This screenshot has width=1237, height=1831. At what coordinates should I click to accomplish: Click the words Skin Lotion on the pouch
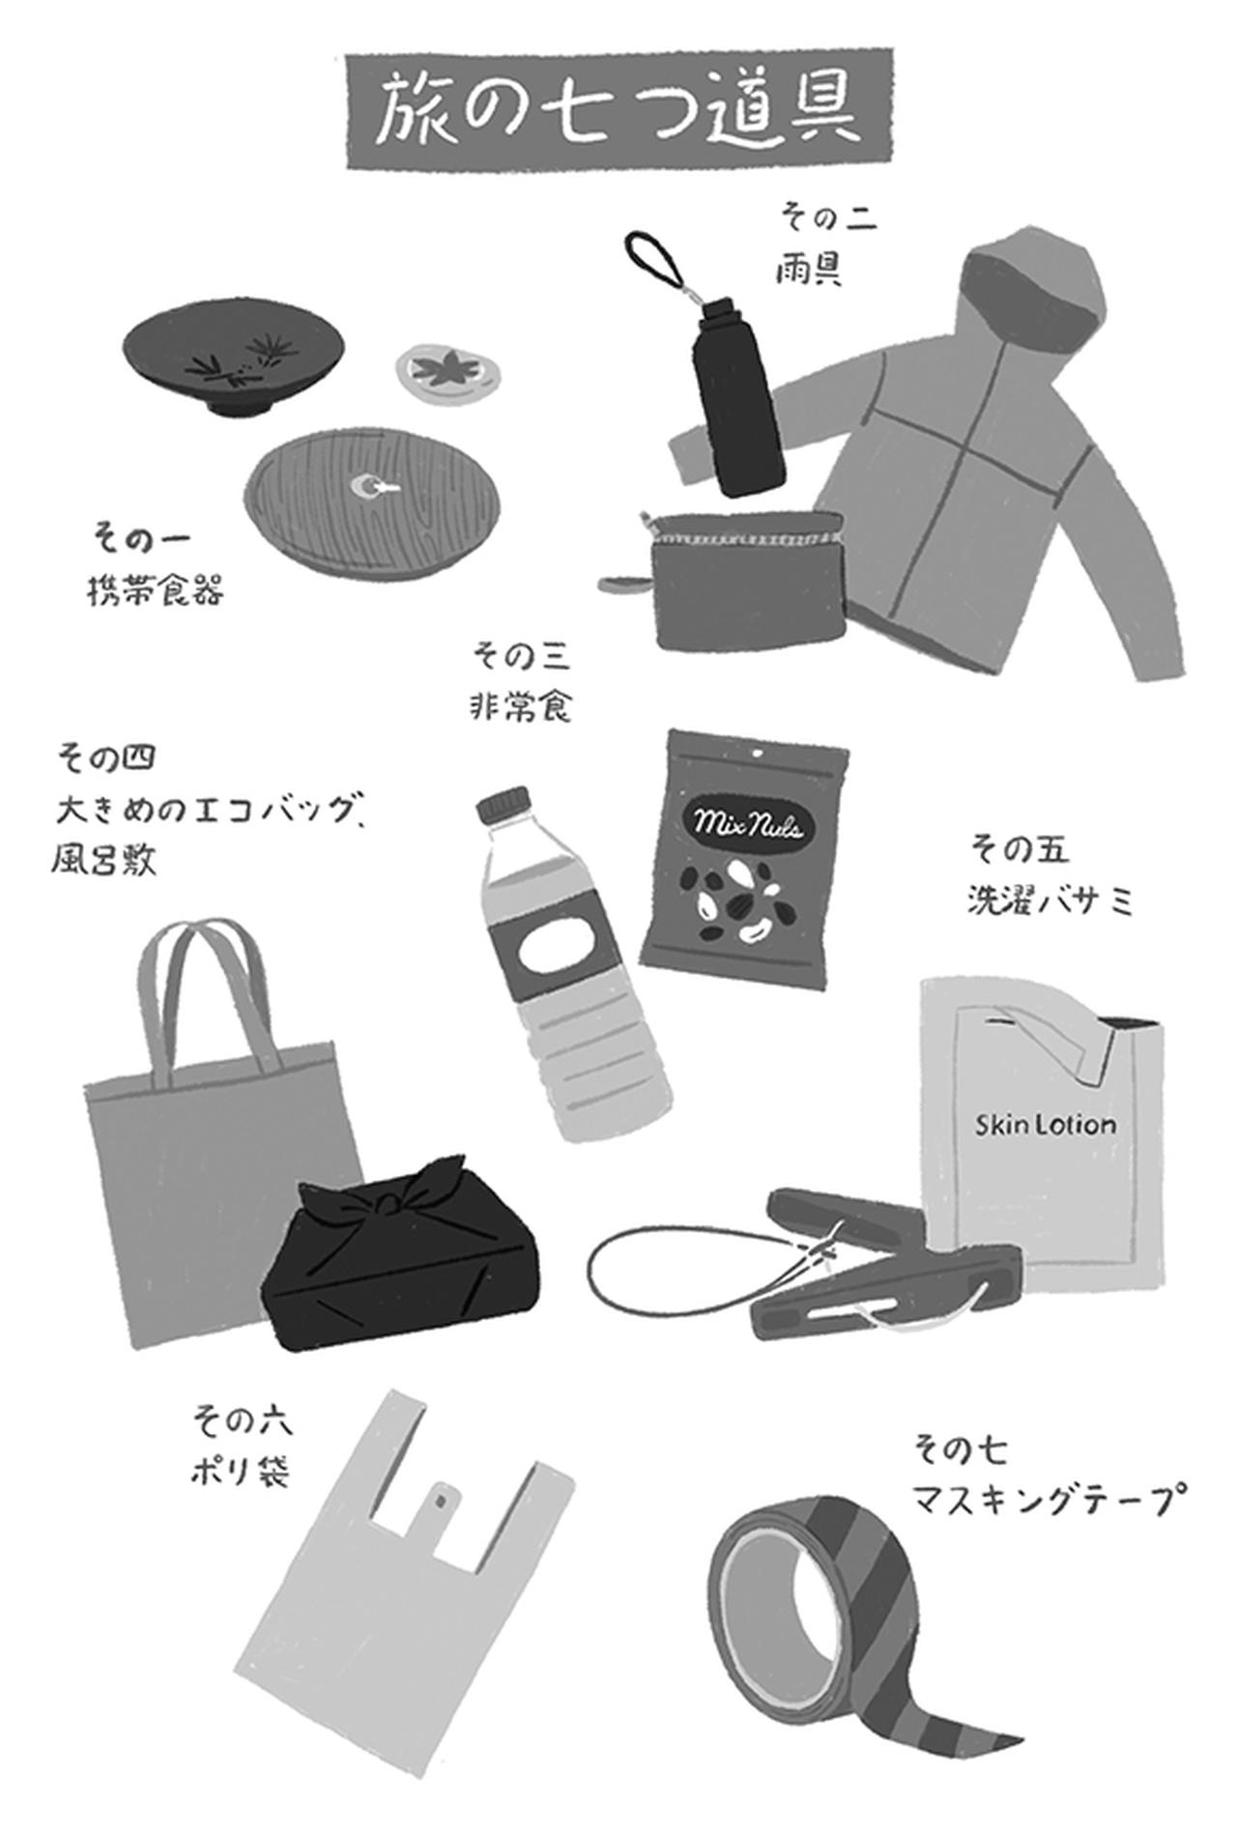point(1044,1125)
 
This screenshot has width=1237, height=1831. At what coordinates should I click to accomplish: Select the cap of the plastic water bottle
point(504,804)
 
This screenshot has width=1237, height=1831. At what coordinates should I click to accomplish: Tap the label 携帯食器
point(156,589)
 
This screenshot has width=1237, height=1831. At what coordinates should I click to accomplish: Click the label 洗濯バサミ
point(1049,901)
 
